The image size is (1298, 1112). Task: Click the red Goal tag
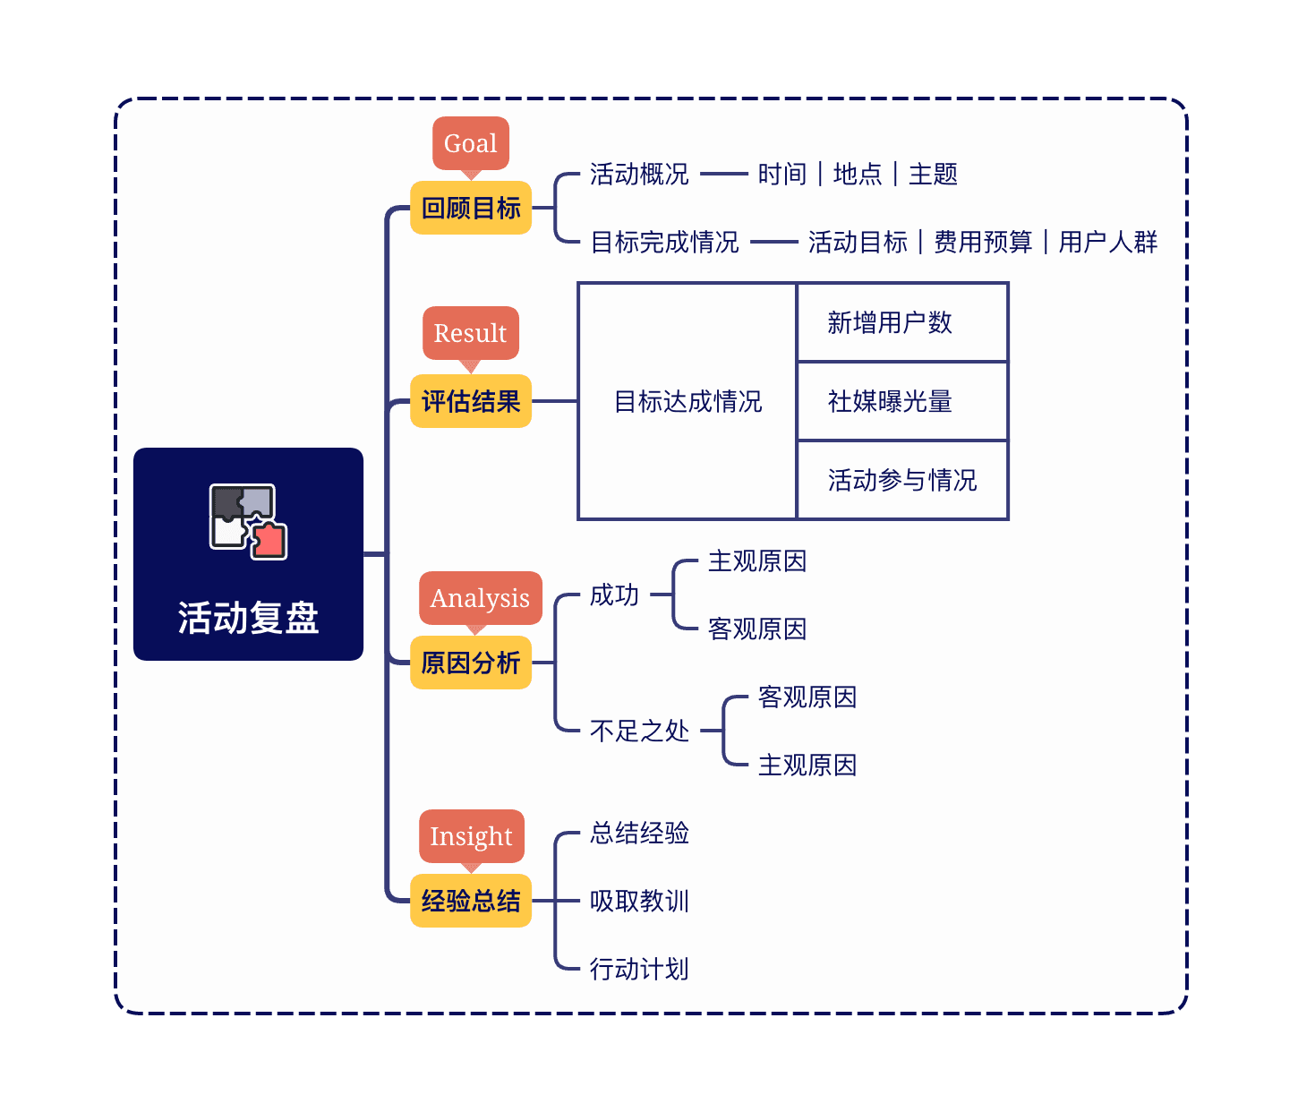[471, 143]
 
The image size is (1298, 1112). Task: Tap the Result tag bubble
[471, 333]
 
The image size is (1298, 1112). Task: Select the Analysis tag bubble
[480, 598]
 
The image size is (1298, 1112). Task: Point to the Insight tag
[471, 836]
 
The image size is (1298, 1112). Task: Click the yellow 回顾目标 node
[471, 208]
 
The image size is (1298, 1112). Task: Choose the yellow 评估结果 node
[471, 401]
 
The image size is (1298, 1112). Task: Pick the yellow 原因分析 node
[471, 663]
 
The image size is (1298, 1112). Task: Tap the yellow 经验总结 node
[471, 901]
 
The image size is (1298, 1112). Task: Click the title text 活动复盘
[248, 618]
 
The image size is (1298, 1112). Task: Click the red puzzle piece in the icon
[269, 541]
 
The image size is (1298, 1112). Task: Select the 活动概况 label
[639, 174]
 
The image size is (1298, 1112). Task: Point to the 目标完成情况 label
[664, 242]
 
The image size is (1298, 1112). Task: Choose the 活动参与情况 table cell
[902, 480]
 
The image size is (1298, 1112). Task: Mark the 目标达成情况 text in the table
[687, 401]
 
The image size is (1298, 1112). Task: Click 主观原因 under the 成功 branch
[757, 561]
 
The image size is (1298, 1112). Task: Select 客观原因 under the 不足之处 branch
[807, 697]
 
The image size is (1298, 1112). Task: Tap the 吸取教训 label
[639, 901]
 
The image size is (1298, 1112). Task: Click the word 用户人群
[1108, 242]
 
